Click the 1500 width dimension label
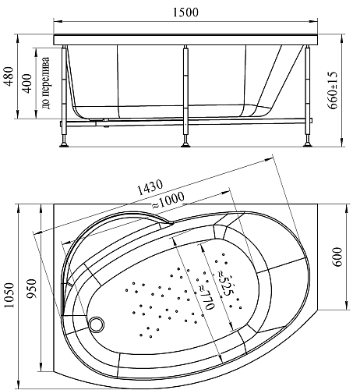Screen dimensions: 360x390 coord(185,12)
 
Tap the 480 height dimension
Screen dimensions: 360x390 coord(9,76)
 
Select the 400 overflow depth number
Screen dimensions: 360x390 coord(27,83)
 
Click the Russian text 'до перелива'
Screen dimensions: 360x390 coord(46,83)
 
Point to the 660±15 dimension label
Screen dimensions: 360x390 coord(333,90)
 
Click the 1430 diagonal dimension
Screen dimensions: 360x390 coord(150,187)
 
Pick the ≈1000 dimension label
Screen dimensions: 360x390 coord(168,200)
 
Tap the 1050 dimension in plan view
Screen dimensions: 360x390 coord(9,295)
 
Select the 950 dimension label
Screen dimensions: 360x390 coord(32,289)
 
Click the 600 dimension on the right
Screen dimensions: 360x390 coord(337,257)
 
